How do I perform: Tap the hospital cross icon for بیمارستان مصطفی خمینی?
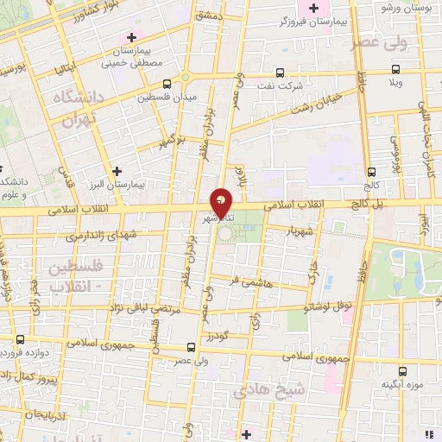point(131,37)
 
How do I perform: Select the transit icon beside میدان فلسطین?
point(166,85)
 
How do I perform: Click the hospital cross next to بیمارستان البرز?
point(117,170)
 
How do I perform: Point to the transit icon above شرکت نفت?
point(278,73)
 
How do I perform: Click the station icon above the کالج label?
point(370,172)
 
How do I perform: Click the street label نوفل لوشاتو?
point(308,306)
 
